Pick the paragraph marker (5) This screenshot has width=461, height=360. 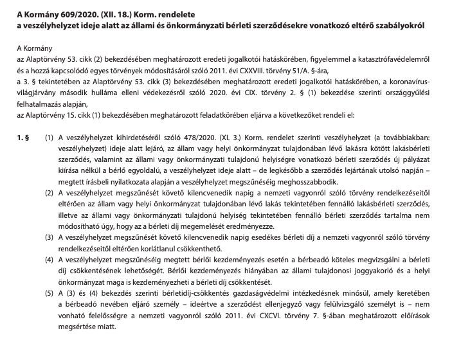[x=49, y=292]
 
